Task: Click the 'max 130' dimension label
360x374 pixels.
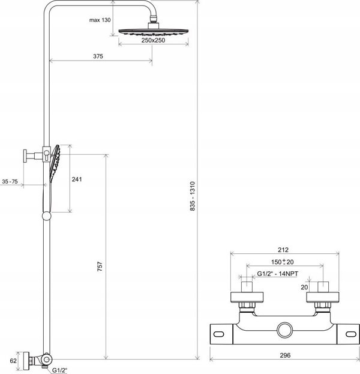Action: [100, 20]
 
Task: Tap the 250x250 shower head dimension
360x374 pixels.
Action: [153, 40]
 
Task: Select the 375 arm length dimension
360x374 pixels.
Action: [98, 56]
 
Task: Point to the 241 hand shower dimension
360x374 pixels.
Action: [77, 179]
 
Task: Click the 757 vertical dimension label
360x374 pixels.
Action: [100, 266]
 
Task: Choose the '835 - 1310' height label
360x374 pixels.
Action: [193, 196]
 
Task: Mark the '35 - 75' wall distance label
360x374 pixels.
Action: [10, 181]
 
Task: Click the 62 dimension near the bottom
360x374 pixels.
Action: [13, 361]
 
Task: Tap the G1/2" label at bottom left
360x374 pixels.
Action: [59, 370]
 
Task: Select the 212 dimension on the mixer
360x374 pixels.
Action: [283, 250]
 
